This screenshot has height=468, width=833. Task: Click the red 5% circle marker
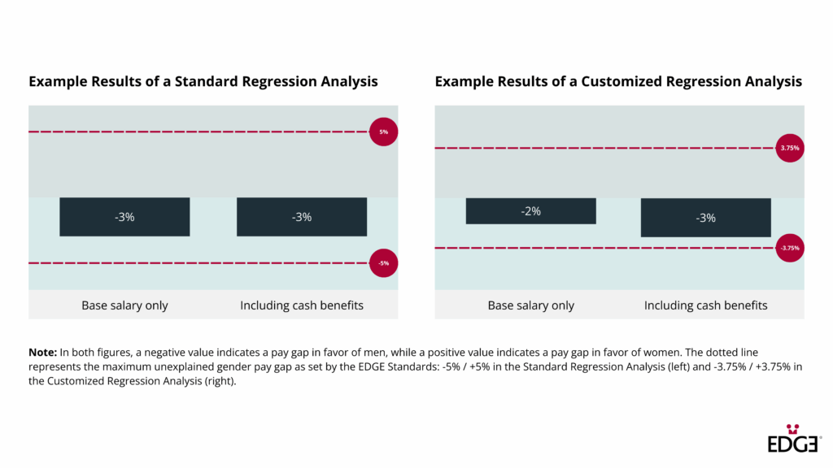tap(384, 132)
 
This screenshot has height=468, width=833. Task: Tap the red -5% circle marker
tap(384, 263)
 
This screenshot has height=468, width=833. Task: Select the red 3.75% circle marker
tap(790, 148)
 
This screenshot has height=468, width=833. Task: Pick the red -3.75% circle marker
tap(790, 248)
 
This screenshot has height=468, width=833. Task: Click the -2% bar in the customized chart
tap(530, 211)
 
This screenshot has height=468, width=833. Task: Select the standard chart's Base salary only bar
tap(124, 217)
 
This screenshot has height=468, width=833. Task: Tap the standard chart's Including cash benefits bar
tap(302, 217)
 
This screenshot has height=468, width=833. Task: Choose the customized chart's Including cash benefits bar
tap(705, 218)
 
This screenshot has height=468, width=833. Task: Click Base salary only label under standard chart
tap(124, 305)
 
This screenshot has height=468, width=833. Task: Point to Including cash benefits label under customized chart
tap(705, 305)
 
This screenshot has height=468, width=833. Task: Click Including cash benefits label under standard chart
tap(302, 305)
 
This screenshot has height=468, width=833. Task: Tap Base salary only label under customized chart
tap(530, 305)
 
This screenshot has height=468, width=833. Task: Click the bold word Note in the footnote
tap(42, 352)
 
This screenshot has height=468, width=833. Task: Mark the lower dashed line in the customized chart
tap(602, 248)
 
